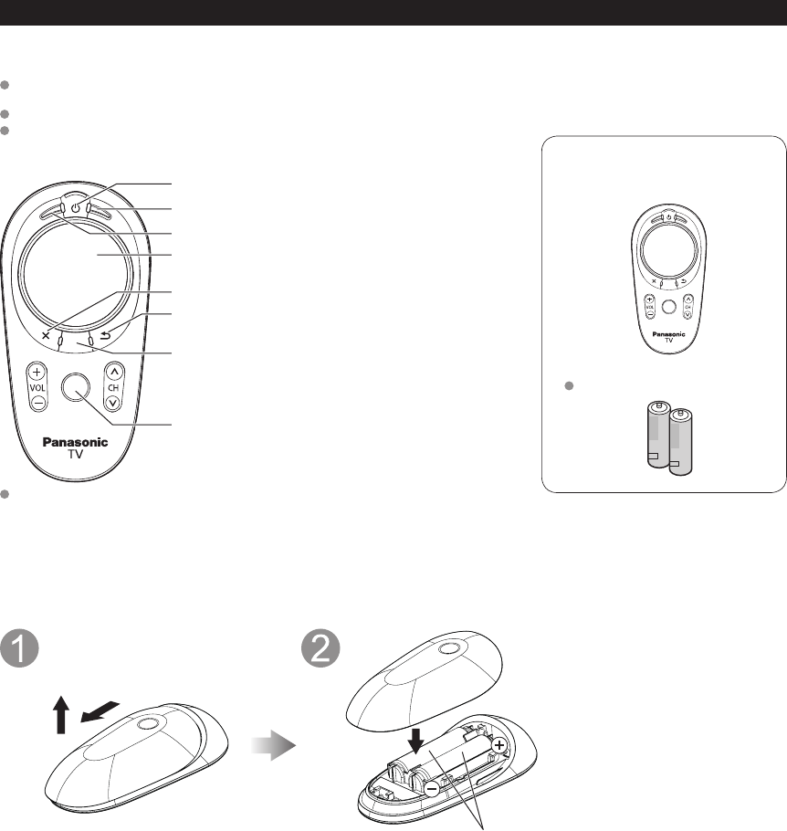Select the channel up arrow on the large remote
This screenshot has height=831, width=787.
pyautogui.click(x=114, y=372)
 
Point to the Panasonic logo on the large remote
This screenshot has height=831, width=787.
pyautogui.click(x=76, y=442)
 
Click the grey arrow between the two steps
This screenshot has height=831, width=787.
pyautogui.click(x=278, y=746)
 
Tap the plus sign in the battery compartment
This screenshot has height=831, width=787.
pyautogui.click(x=499, y=745)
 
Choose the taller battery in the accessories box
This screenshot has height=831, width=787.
pyautogui.click(x=659, y=437)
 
